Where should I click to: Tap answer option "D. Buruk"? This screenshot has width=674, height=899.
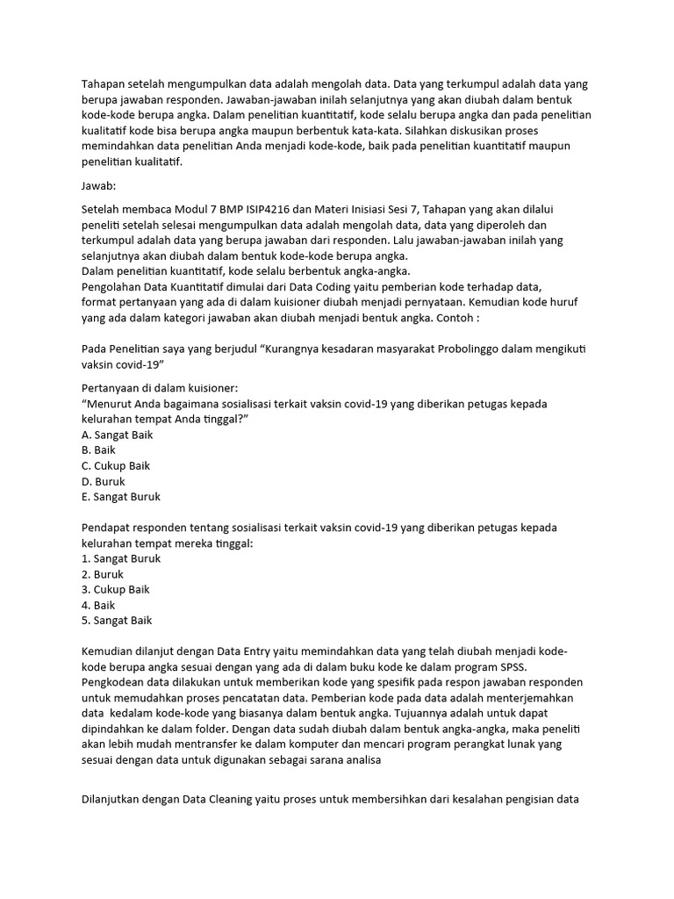click(103, 481)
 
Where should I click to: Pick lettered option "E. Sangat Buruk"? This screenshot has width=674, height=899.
click(120, 497)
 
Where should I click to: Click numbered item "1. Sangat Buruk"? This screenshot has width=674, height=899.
click(120, 558)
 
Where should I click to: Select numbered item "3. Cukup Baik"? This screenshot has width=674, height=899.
click(116, 589)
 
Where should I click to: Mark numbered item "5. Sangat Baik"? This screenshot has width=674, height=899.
click(116, 620)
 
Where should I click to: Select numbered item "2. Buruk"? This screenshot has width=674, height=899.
click(102, 574)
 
